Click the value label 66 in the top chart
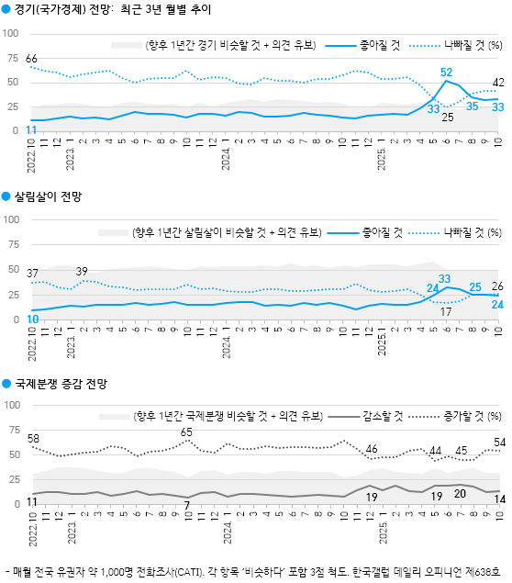[x=32, y=58]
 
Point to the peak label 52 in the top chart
[x=447, y=72]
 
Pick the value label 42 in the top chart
[x=498, y=82]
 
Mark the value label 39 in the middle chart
[x=82, y=271]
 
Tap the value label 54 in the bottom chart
[x=498, y=443]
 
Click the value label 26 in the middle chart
[x=498, y=286]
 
